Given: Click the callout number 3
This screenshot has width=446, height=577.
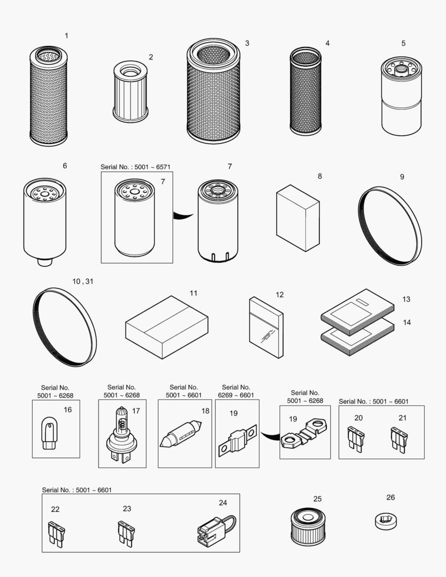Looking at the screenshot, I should [247, 43].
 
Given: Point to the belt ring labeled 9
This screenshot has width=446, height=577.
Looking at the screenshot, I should [389, 226].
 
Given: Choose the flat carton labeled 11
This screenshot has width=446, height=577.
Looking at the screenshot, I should [167, 327].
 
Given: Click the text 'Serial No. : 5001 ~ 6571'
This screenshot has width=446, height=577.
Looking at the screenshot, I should [136, 167].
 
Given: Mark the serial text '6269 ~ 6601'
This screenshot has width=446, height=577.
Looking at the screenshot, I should [236, 395].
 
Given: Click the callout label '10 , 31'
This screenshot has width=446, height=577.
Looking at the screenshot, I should [82, 281].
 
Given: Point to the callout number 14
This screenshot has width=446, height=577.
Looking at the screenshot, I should [406, 323].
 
